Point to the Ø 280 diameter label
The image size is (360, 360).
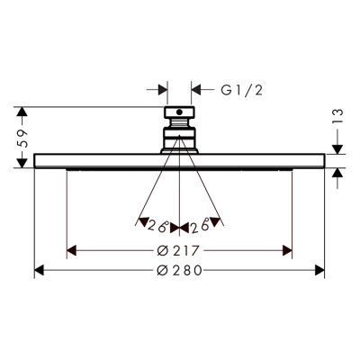pyautogui.click(x=179, y=271)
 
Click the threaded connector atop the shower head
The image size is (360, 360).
pyautogui.click(x=179, y=130)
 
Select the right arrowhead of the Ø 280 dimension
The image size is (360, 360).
pyautogui.click(x=319, y=271)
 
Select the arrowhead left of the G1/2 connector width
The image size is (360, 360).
pyautogui.click(x=163, y=90)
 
